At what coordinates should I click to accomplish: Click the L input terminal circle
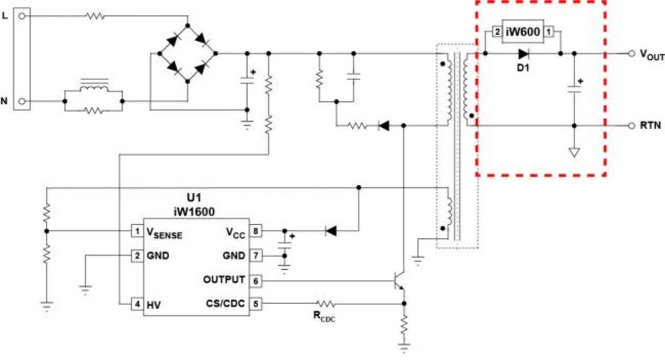(22, 16)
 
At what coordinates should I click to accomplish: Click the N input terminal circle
(22, 101)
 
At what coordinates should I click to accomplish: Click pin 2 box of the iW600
(497, 32)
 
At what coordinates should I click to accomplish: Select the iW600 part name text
(523, 32)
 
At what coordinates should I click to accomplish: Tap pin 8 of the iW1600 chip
(256, 231)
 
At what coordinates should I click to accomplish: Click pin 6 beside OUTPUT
(256, 281)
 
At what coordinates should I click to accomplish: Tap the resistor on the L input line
(95, 16)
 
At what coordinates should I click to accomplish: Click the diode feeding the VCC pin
(331, 231)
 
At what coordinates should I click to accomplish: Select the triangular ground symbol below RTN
(574, 153)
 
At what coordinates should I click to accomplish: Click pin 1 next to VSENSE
(137, 231)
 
